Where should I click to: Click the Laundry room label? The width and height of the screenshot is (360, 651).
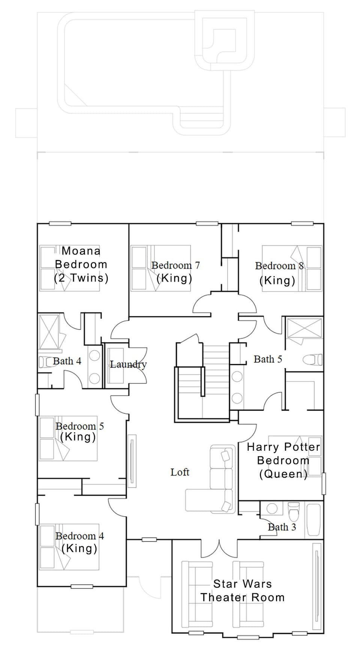point(128,364)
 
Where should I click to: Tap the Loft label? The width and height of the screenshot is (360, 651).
point(180,472)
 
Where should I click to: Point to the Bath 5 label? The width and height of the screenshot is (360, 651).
point(268,359)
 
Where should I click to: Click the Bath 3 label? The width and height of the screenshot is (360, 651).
point(282,527)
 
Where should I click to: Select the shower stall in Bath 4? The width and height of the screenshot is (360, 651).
point(49,332)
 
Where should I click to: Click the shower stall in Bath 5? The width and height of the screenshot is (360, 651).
point(304,329)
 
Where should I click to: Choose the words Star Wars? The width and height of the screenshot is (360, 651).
point(242,583)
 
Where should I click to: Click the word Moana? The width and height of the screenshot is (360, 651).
point(81,251)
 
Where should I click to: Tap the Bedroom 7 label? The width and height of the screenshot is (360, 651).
point(175,265)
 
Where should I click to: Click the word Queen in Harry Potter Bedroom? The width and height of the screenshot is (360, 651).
point(283,474)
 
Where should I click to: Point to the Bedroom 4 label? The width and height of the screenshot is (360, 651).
point(79,536)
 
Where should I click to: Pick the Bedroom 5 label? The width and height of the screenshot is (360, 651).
point(79,426)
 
